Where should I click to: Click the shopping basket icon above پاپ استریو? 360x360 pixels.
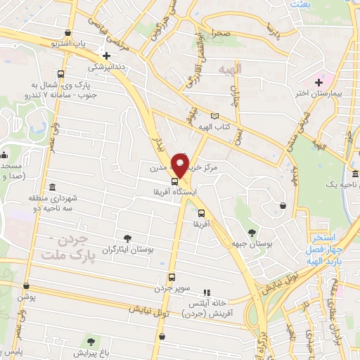point(67,33)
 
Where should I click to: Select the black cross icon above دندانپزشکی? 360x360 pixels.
point(106,56)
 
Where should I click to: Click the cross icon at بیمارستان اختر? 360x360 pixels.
point(319,82)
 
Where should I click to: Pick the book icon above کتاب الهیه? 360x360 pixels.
point(214,116)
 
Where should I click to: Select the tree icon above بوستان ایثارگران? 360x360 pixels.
point(127,238)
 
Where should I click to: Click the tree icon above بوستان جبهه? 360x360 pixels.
point(251,233)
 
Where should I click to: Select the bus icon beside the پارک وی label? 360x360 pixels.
point(61,74)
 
